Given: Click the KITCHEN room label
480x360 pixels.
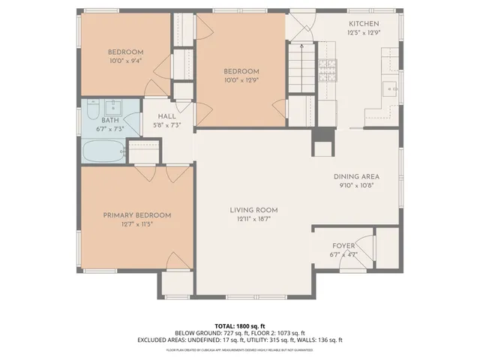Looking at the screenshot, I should point(359,24).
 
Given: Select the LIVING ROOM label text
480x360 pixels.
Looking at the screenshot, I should point(254,209).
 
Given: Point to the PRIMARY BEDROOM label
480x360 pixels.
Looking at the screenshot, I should point(137,214).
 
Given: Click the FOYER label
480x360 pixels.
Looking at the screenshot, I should point(343,245).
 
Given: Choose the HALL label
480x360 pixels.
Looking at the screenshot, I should point(166,116).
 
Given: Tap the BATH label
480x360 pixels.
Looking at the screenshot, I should point(110,120).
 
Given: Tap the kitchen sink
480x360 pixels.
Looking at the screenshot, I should point(391,88).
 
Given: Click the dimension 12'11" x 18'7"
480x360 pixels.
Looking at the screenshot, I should point(254,219).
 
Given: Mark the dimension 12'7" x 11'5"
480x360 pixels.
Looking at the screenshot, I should point(137,224).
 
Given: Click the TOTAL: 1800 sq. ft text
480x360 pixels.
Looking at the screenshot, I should point(240,326).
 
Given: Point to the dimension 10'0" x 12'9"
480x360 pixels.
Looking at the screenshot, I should point(241,80).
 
